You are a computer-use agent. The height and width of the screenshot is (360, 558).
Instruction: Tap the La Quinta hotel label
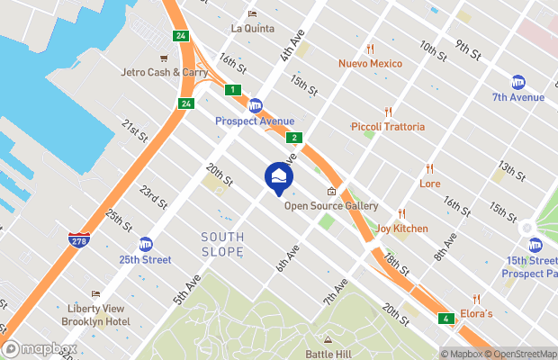click(x=252, y=27)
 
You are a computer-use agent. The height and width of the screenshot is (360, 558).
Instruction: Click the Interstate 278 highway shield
click(x=78, y=240)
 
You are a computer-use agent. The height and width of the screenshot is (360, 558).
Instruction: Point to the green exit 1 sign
click(x=233, y=89)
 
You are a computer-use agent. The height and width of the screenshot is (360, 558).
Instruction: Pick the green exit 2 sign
click(x=294, y=138)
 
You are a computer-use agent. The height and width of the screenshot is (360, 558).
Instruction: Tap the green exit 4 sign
click(x=445, y=319)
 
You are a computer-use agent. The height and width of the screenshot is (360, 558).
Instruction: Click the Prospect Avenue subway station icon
click(x=255, y=105)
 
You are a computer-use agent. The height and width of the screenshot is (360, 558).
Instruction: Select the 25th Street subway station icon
click(x=145, y=244)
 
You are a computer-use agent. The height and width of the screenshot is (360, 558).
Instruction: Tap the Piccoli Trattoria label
click(x=388, y=126)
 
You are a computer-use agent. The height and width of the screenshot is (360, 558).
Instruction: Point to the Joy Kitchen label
click(x=401, y=228)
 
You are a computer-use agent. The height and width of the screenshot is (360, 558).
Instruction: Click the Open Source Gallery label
click(x=329, y=205)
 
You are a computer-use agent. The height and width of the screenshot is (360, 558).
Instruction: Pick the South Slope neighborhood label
click(x=222, y=243)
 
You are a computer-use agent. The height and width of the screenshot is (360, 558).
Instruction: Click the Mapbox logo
click(x=40, y=348)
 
